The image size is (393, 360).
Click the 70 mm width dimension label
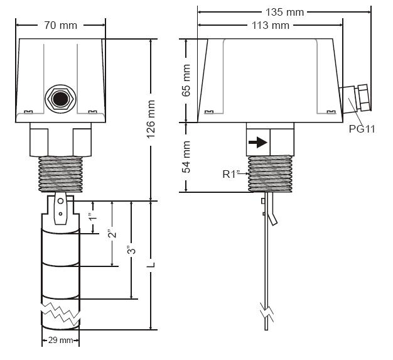pyautogui.click(x=61, y=25)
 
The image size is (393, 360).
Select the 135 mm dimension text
pyautogui.click(x=284, y=12)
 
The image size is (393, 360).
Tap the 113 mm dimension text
pyautogui.click(x=271, y=25)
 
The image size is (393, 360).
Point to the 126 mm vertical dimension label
pyautogui.click(x=151, y=119)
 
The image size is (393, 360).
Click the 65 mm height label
pyautogui.click(x=186, y=80)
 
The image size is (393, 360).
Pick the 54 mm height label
pyautogui.click(x=186, y=157)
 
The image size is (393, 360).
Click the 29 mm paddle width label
pyautogui.click(x=60, y=340)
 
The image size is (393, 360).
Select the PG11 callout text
pyautogui.click(x=362, y=129)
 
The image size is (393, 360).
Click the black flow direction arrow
pyautogui.click(x=258, y=143)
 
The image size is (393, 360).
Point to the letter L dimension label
pyautogui.click(x=151, y=265)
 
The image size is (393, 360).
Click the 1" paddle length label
pyautogui.click(x=93, y=217)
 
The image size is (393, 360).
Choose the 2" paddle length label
pyautogui.click(x=112, y=234)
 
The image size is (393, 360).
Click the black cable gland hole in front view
pyautogui.click(x=60, y=99)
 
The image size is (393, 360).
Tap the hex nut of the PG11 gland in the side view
pyautogui.click(x=363, y=97)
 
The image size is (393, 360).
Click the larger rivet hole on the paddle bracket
pyautogui.click(x=60, y=201)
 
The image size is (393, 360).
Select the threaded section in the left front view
pyautogui.click(x=61, y=175)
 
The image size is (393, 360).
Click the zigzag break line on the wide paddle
pyautogui.click(x=61, y=313)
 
